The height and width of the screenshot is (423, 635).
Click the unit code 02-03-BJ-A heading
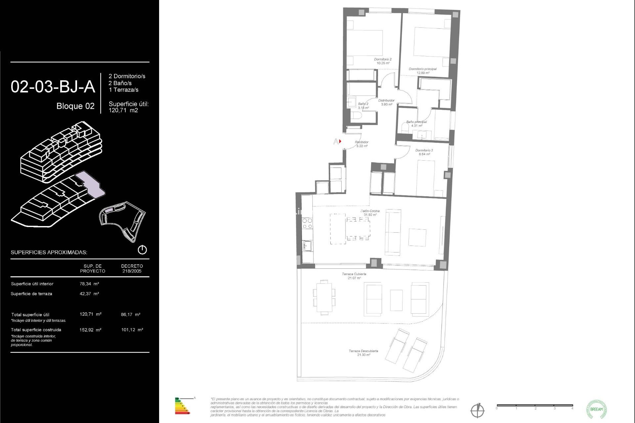pos(53,87)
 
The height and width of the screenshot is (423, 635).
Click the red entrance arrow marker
pos(340,141)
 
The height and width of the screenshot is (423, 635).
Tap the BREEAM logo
pos(596,409)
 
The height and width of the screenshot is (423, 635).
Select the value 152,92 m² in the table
pos(90,330)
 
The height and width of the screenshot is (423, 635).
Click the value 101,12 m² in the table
pos(132,330)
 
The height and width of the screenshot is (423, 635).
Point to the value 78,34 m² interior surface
pos(89,284)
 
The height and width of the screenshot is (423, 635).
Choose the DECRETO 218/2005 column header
pos(132,268)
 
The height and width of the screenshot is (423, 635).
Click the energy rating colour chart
pos(182,406)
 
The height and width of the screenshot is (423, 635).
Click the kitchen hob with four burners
pos(307,223)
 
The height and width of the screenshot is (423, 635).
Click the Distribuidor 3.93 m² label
pos(387,102)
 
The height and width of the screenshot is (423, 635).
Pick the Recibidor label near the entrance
pos(362,144)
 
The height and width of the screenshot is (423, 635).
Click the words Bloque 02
pos(75,106)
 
